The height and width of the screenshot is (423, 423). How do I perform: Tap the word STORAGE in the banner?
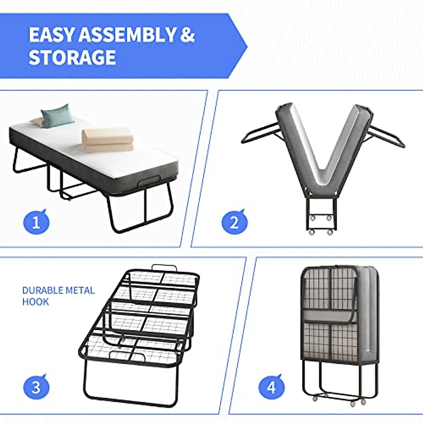coord(72,57)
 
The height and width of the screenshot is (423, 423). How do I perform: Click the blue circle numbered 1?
coord(36,223)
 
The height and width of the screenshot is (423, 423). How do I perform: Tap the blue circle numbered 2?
coord(234,223)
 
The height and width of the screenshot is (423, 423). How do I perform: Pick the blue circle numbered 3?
coord(36,387)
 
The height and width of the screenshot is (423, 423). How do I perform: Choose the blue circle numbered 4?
coord(271,388)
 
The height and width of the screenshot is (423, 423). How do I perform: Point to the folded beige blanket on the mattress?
coord(108,140)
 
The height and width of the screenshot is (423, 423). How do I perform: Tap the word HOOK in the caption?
coord(35,302)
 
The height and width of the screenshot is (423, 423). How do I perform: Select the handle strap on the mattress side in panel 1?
coord(150,183)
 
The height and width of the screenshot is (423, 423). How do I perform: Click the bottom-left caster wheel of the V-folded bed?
coord(312,232)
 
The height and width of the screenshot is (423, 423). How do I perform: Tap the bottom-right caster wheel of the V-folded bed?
coord(330,232)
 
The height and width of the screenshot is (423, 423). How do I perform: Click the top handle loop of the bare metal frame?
coord(163,268)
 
